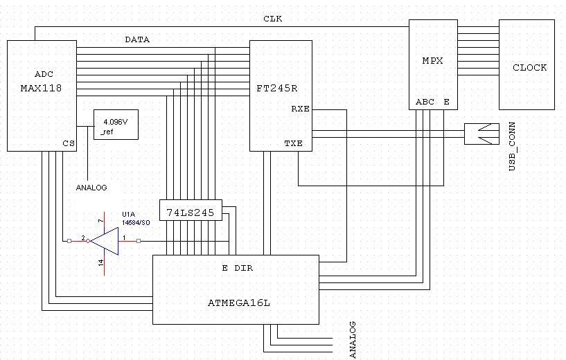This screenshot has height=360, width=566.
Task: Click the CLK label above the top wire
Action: tap(272, 19)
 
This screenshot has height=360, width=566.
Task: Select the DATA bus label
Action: tap(137, 39)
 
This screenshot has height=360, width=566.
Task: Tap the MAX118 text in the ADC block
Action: tap(41, 89)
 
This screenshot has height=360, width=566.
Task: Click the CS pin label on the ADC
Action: tap(69, 143)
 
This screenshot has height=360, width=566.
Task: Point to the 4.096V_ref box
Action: tap(116, 125)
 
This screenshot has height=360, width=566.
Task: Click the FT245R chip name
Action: tap(277, 89)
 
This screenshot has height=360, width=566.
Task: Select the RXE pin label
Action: tap(301, 109)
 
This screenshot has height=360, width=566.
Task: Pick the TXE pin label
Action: tap(294, 143)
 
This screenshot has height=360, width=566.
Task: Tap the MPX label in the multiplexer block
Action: tap(432, 61)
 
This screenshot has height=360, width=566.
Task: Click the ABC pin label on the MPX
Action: tap(425, 102)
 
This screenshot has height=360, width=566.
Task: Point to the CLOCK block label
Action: tap(529, 67)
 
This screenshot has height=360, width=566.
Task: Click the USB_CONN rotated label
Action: tap(512, 147)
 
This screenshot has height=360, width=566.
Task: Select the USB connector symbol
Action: tap(481, 134)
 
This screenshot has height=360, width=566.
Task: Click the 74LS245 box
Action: tap(191, 210)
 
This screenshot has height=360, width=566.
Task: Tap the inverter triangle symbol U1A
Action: tap(105, 241)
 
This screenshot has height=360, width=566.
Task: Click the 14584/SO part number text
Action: tap(136, 222)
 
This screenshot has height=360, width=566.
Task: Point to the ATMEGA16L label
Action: tap(238, 303)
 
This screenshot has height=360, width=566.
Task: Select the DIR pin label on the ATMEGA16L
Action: tap(244, 268)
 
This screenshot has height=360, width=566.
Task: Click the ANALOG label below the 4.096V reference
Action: tap(91, 188)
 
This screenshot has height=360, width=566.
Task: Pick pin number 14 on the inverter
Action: tap(100, 262)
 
